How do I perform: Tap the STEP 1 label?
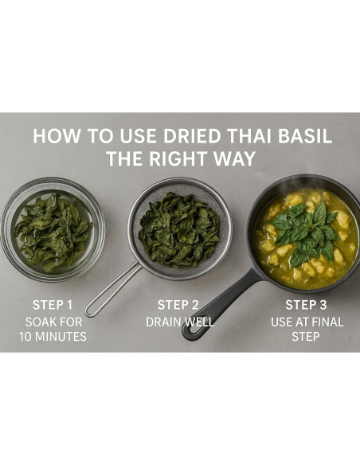click(53, 305)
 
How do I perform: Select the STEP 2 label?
click(178, 305)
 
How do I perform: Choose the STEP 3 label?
click(306, 305)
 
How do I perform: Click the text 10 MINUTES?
click(53, 337)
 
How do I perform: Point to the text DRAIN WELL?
click(180, 322)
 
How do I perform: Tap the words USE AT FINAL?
click(307, 322)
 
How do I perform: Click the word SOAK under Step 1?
click(40, 322)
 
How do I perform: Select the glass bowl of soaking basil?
click(53, 230)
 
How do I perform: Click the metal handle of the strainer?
click(112, 291)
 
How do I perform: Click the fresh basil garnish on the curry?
click(305, 233)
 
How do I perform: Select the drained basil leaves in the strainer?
click(179, 230)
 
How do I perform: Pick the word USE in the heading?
click(138, 136)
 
